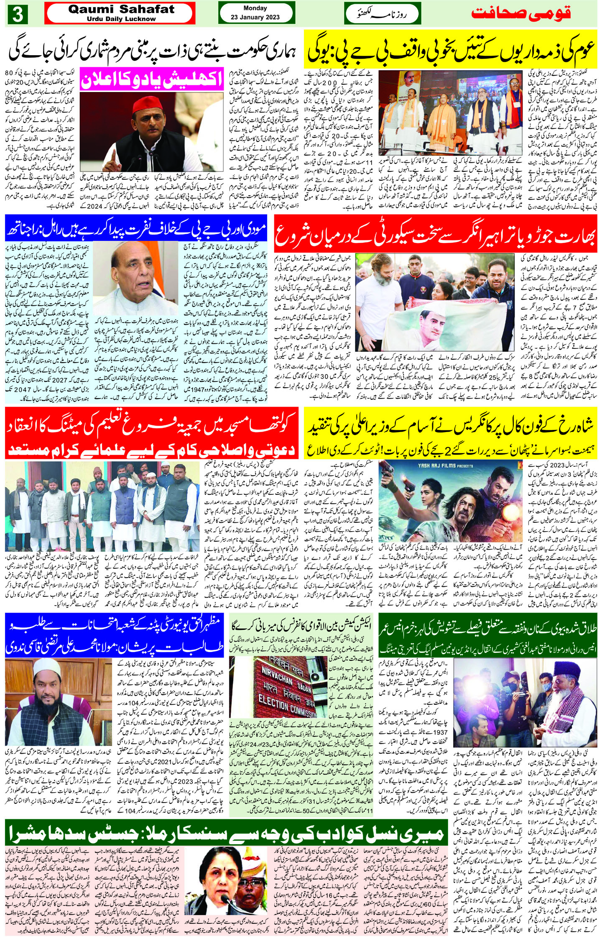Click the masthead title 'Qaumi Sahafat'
point(121,9)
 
